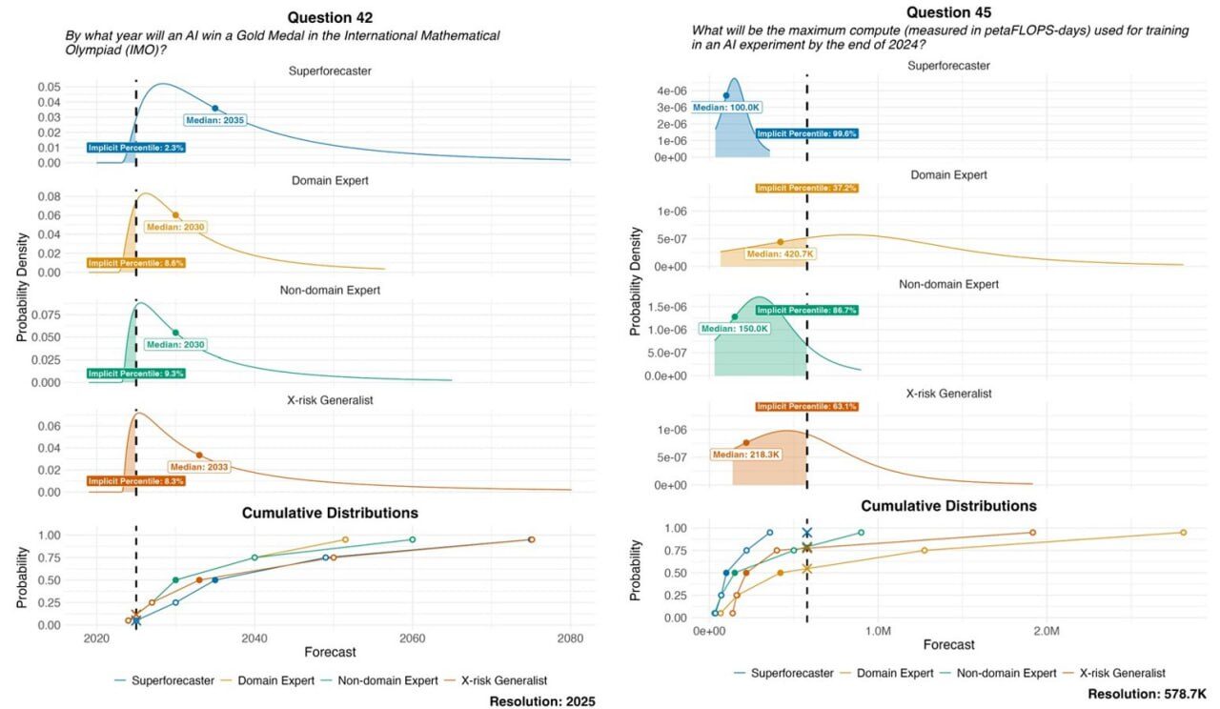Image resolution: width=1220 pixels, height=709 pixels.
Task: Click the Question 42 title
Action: [330, 17]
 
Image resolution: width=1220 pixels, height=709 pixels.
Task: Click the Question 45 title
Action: [948, 12]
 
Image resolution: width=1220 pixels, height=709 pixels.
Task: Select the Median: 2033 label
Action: [200, 467]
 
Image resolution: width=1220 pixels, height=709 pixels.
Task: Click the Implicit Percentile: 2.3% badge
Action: [135, 148]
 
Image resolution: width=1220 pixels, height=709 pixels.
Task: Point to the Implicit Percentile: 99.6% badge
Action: [807, 134]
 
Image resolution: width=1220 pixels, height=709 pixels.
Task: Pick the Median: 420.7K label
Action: [780, 253]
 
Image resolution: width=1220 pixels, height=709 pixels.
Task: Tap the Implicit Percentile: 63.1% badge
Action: [807, 407]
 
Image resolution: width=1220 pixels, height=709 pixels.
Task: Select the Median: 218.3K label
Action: [746, 455]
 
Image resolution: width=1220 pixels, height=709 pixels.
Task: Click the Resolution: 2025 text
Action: [541, 701]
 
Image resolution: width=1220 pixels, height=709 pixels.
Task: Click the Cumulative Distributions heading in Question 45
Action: [948, 506]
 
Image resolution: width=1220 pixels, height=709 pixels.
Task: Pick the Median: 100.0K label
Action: [726, 108]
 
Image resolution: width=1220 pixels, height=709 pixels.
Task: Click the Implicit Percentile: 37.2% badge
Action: [806, 188]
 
